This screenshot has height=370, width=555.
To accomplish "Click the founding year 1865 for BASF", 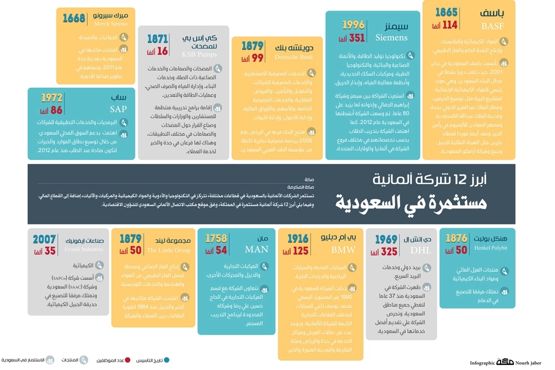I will tap(446, 13).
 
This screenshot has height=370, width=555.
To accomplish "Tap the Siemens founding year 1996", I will tap(353, 25).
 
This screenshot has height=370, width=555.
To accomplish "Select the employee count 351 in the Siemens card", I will tap(357, 38).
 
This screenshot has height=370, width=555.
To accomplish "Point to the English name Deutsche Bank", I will tap(294, 57).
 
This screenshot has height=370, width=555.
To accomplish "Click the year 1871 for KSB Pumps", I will tap(157, 39).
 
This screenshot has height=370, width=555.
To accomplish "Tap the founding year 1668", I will tap(74, 18).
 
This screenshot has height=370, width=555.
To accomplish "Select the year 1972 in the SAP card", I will tap(52, 98).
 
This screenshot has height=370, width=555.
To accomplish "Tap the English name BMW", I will tap(343, 250).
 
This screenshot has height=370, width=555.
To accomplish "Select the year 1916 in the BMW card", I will tap(298, 239).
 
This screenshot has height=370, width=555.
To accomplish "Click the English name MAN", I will tap(256, 250).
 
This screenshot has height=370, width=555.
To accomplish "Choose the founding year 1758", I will tap(216, 239).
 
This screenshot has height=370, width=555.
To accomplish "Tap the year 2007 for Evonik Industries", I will tap(44, 239).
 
